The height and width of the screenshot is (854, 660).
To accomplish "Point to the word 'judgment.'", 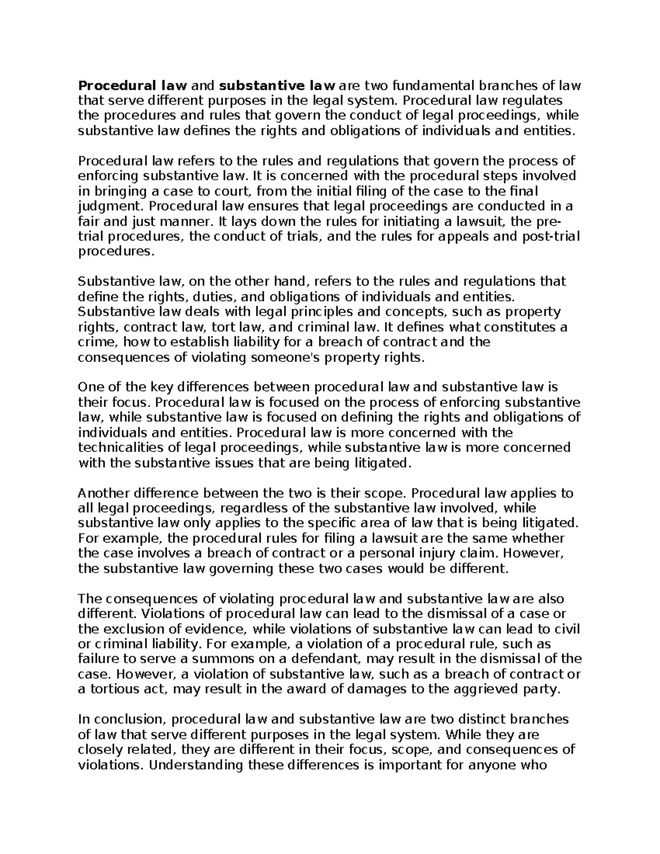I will tap(112, 207).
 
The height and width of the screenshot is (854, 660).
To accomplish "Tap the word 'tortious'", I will tap(111, 689).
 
